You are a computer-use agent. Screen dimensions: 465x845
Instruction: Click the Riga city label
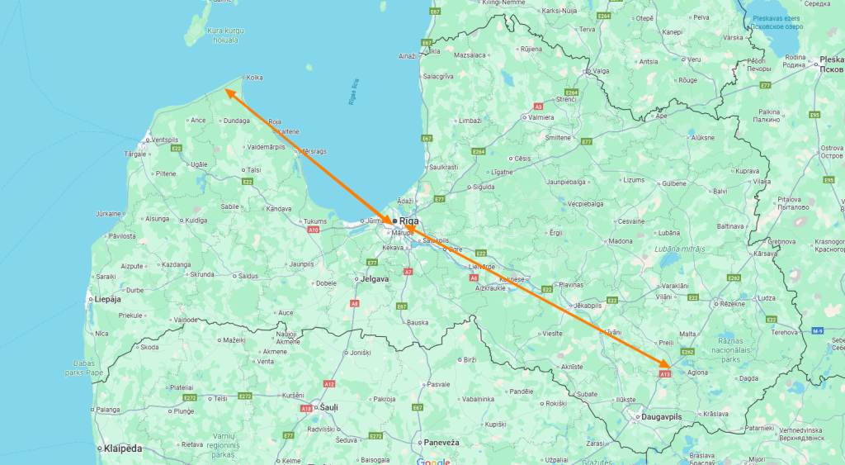[409, 221]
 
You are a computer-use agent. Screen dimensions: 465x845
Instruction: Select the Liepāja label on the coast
[108, 299]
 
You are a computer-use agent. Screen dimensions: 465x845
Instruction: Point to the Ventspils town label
[164, 140]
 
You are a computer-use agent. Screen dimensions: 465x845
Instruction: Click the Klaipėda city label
[123, 448]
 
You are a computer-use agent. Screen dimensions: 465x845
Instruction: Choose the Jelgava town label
[374, 279]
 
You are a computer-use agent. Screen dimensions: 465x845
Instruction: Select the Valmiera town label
[541, 117]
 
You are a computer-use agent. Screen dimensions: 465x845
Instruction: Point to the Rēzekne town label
[732, 304]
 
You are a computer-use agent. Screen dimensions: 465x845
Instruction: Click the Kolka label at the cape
[255, 78]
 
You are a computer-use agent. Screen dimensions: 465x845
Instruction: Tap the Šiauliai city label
[328, 407]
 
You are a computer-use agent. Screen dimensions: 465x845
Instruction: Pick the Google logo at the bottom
[432, 461]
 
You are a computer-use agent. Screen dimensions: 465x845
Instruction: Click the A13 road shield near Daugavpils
[665, 374]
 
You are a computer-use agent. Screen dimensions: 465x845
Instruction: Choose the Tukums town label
[315, 221]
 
